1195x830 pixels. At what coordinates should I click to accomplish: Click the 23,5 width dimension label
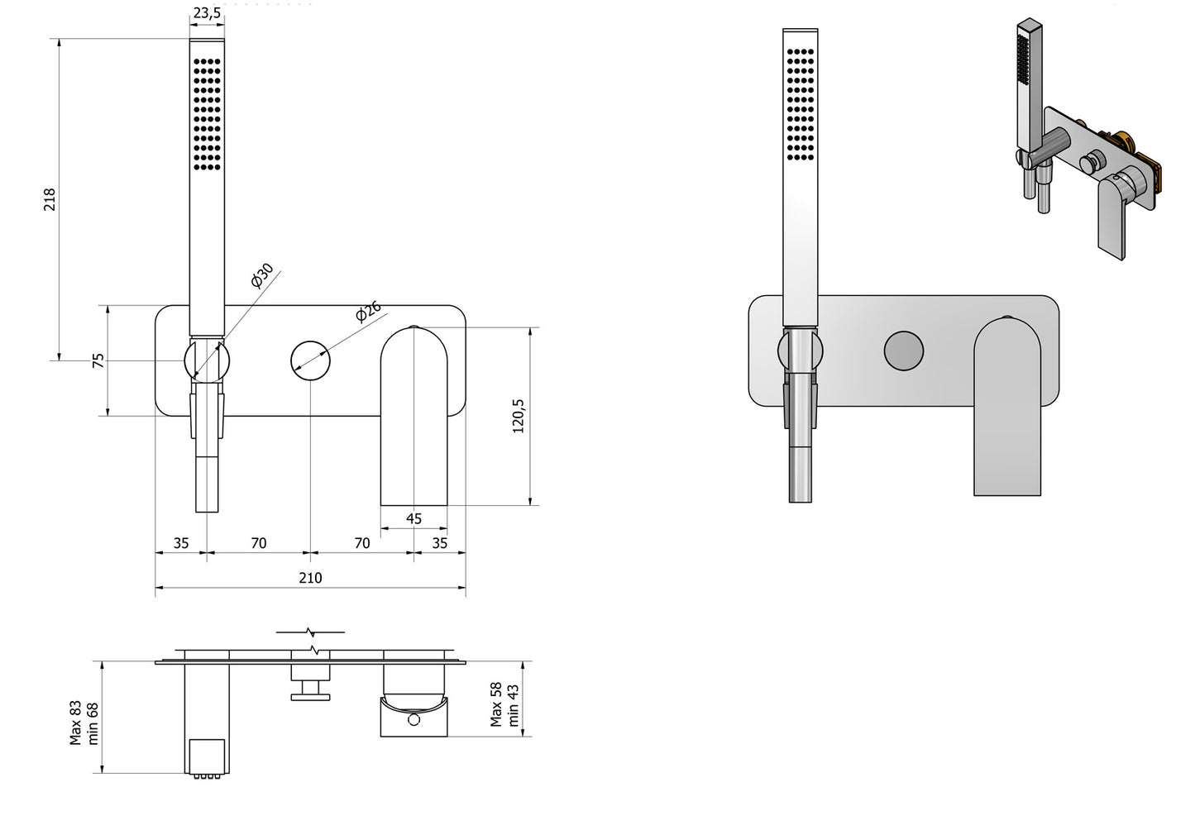click(206, 12)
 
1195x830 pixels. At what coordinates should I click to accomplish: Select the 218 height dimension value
click(49, 199)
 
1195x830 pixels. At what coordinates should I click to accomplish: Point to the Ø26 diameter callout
click(369, 312)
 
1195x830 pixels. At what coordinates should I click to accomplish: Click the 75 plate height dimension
click(98, 360)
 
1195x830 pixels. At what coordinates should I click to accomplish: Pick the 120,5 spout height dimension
click(519, 416)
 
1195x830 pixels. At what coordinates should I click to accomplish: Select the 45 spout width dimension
click(414, 519)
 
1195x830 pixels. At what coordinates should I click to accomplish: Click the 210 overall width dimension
click(310, 578)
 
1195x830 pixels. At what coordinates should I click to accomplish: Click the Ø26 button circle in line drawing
click(310, 360)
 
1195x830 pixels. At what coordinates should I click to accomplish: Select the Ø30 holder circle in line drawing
click(206, 360)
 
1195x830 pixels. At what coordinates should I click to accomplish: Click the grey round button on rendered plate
click(903, 351)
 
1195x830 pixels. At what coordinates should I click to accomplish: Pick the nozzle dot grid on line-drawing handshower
click(207, 113)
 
